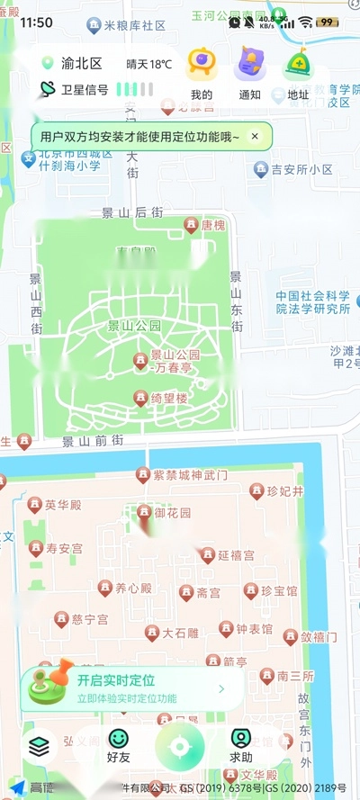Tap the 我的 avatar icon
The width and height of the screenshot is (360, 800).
coord(201,66)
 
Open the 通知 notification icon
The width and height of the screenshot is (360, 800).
coord(249,66)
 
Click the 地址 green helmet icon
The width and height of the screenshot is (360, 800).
coord(298,66)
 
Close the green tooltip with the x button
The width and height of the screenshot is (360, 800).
coord(255,137)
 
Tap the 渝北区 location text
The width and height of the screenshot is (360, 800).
coord(82,64)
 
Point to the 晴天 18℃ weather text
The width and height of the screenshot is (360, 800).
coord(148,64)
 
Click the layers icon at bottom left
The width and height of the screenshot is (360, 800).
coord(38,746)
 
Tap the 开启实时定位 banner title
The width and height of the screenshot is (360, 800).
coord(115,680)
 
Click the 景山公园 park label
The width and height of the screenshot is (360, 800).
coord(134,326)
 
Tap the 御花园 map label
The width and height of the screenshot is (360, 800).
coord(172,513)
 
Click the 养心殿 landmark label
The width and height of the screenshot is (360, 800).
coord(132,589)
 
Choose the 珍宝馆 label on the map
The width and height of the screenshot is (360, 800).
coord(278,591)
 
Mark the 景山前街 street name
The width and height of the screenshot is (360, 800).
coord(92,441)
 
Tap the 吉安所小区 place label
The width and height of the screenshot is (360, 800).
coord(303,169)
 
